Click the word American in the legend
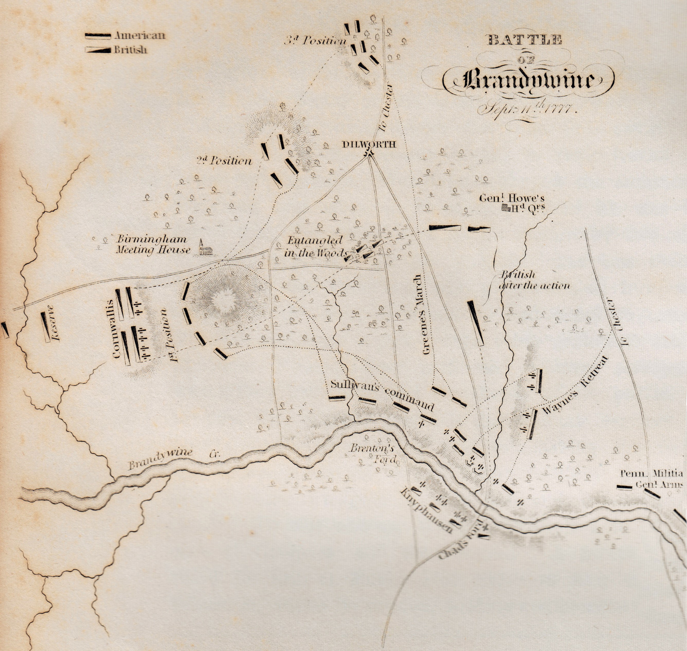coord(140,36)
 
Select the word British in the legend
coord(131,50)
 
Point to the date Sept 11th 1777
coord(527,109)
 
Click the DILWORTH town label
coord(369,145)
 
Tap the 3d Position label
coord(315,41)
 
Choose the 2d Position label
coord(224,161)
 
